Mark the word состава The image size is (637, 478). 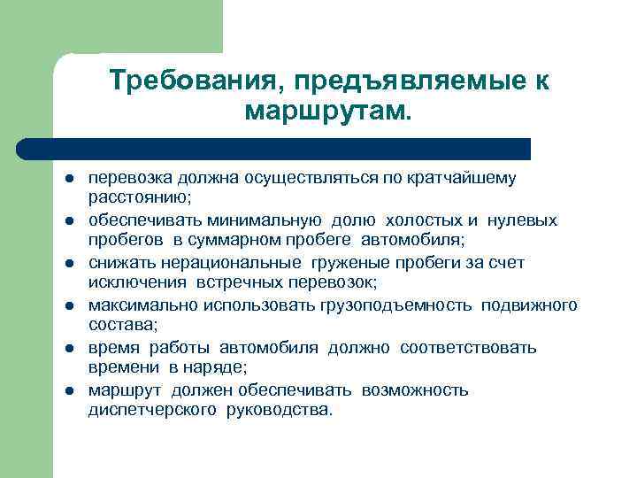pos(118,324)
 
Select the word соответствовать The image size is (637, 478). pos(468,348)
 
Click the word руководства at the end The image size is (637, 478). pos(281,409)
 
